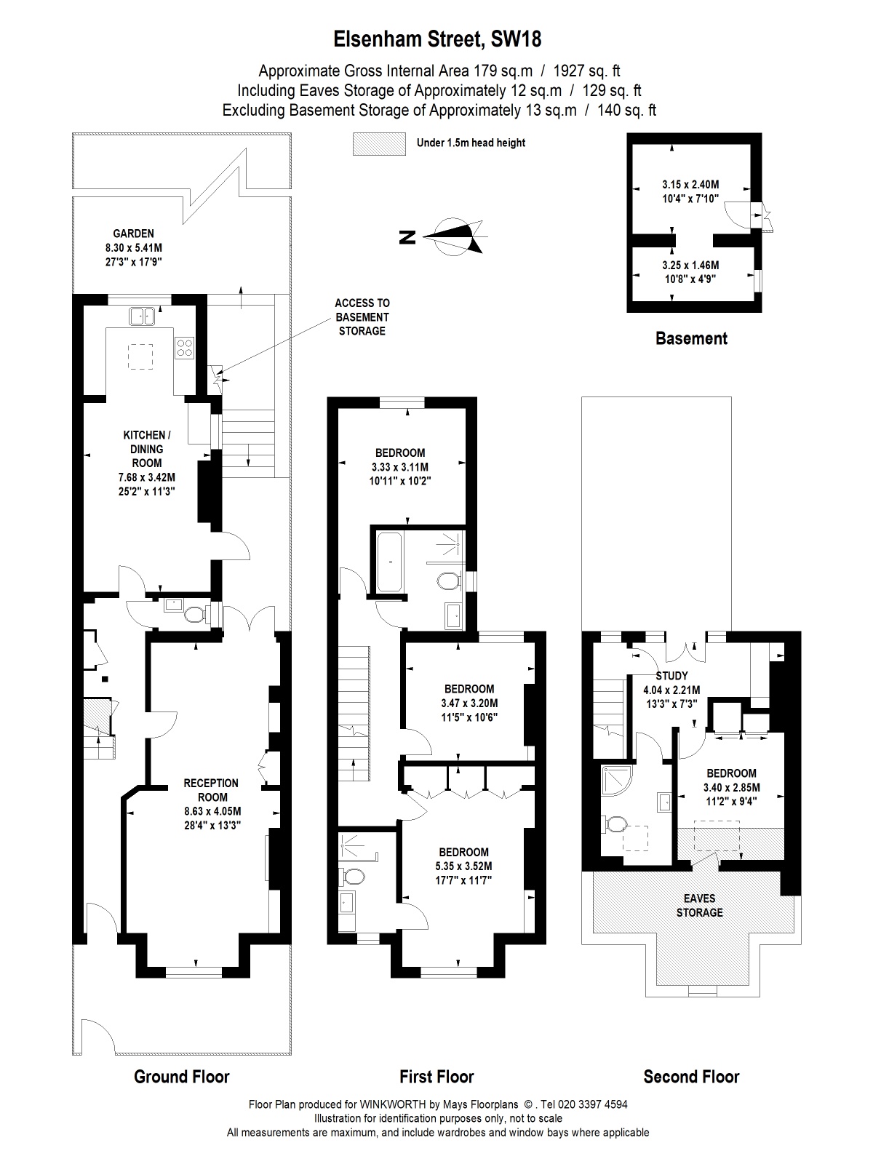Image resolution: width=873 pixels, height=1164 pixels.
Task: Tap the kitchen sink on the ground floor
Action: point(142,316)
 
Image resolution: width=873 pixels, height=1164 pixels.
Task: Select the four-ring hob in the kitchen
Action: point(185,348)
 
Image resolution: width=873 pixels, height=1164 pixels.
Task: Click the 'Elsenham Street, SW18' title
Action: point(437,39)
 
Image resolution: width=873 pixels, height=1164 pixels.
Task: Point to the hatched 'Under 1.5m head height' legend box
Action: point(379,144)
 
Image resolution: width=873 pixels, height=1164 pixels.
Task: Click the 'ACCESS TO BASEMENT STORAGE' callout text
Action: point(362,317)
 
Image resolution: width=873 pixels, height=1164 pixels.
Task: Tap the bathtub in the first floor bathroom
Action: point(390,562)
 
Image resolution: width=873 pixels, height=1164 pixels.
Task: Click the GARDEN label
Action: point(134,234)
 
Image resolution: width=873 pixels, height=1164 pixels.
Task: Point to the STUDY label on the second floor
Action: point(671,676)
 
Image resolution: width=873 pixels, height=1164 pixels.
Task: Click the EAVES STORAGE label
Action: point(700,905)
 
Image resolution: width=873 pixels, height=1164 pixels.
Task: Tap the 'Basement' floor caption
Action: point(691,338)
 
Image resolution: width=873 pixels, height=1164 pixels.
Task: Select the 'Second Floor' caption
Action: point(691,1077)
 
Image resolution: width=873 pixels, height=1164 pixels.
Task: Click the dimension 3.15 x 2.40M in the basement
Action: point(690,185)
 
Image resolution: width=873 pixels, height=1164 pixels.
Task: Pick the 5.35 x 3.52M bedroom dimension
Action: point(464,866)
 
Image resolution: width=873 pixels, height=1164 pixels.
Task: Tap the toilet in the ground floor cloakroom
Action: point(194,614)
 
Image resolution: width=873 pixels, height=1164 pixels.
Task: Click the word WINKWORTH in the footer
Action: point(393,1104)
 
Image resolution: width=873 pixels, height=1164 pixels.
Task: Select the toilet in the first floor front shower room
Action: point(351,877)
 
